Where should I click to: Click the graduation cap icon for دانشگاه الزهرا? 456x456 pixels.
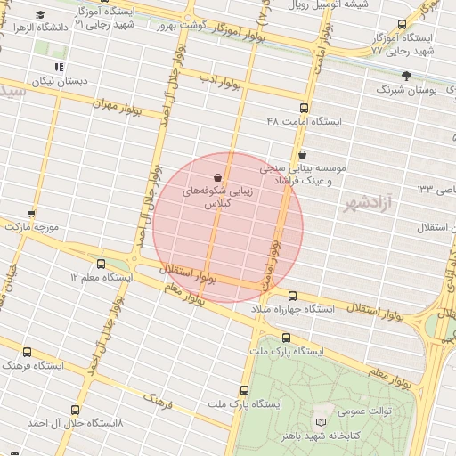pos(40,15)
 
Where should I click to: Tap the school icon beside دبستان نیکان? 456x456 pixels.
pos(59,67)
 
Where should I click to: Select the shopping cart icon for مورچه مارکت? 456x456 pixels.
pos(31,213)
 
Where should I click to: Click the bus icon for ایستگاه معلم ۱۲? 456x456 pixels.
pos(101,264)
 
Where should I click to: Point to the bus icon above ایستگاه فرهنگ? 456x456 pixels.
pos(28,352)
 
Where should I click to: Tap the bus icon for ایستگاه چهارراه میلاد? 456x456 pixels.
pos(292,296)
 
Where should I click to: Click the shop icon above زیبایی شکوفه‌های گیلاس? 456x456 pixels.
pos(218,177)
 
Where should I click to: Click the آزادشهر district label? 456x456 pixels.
pos(366,205)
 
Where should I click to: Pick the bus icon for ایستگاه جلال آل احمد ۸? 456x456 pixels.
pos(74,411)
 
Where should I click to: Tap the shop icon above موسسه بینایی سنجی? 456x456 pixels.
pos(303,153)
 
